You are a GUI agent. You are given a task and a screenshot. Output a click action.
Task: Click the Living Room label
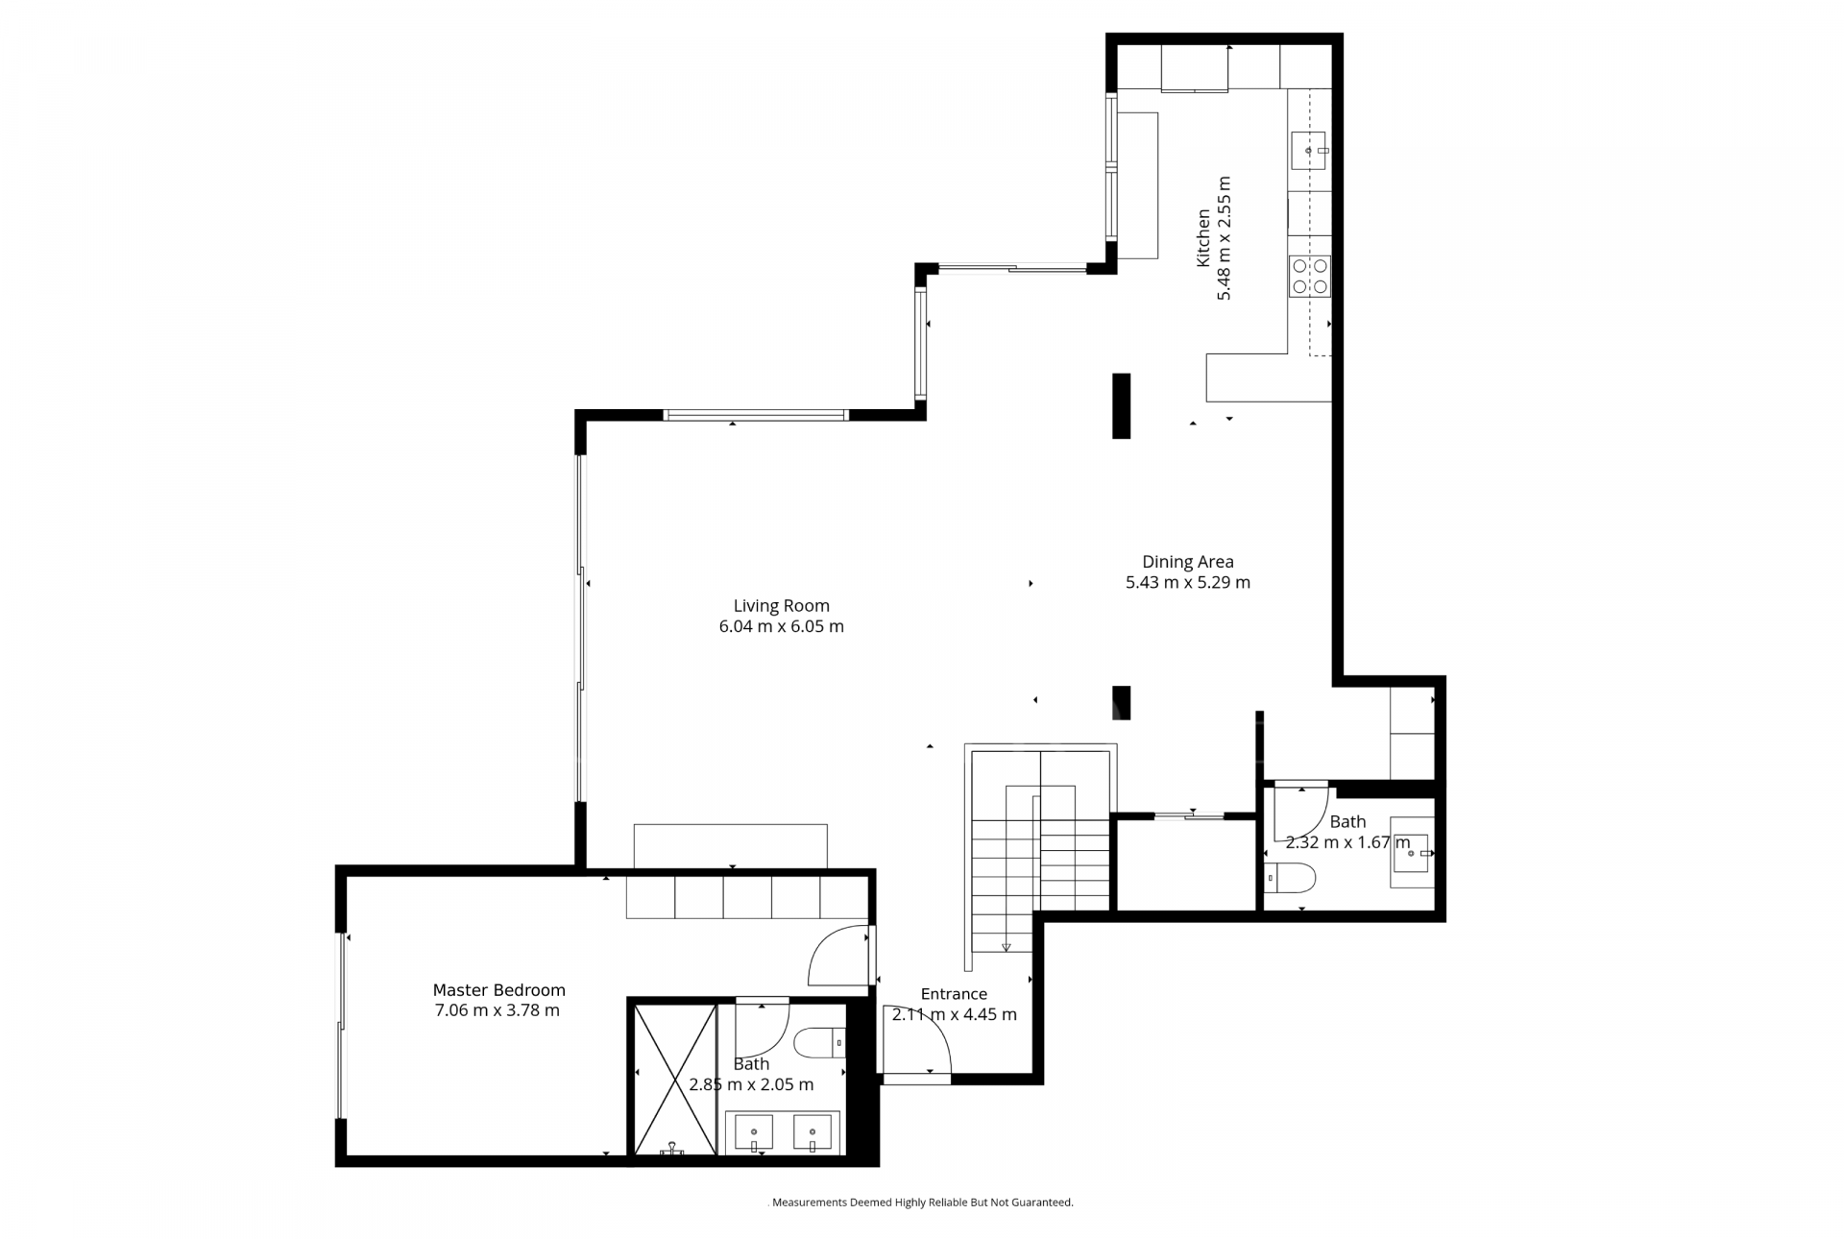(x=781, y=605)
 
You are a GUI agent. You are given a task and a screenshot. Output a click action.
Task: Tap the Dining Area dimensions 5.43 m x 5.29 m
(x=1187, y=582)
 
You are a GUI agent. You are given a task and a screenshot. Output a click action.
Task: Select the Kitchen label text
(x=1202, y=238)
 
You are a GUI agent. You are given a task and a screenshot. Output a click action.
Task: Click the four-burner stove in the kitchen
(x=1309, y=276)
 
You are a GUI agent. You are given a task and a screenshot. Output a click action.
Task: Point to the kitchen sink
(x=1308, y=151)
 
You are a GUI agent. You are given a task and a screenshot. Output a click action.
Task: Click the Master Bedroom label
(x=498, y=989)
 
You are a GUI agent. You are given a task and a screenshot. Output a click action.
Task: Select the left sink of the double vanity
(x=754, y=1132)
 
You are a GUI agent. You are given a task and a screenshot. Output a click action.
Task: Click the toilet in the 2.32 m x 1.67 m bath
(x=1290, y=876)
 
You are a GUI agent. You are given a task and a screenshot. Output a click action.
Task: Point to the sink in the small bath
(x=1410, y=853)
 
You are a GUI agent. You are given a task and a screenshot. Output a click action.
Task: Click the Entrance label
(x=953, y=994)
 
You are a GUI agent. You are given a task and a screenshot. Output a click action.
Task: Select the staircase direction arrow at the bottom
(x=1006, y=946)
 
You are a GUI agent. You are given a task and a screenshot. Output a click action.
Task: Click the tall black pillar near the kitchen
(x=1121, y=405)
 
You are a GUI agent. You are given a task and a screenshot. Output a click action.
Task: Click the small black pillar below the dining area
(x=1121, y=702)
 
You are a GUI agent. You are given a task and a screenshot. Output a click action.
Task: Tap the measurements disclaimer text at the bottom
(x=922, y=1202)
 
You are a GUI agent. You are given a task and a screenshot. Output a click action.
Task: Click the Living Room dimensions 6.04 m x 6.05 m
(x=781, y=626)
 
